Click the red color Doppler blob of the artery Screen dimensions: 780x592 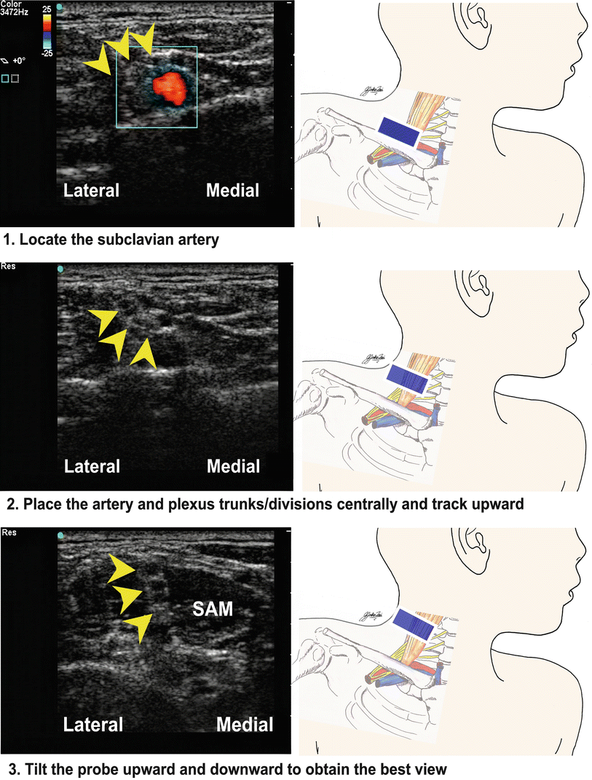point(169,86)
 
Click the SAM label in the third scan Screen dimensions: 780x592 point(213,608)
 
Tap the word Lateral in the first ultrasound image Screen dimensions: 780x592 point(91,191)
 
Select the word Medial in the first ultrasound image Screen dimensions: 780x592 point(232,191)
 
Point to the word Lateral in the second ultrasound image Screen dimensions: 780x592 point(91,465)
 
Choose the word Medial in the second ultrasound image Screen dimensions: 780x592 point(233,465)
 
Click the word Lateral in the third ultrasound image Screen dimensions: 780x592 point(92,724)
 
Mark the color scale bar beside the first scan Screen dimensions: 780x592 point(47,29)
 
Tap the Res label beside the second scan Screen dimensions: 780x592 point(8,267)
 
